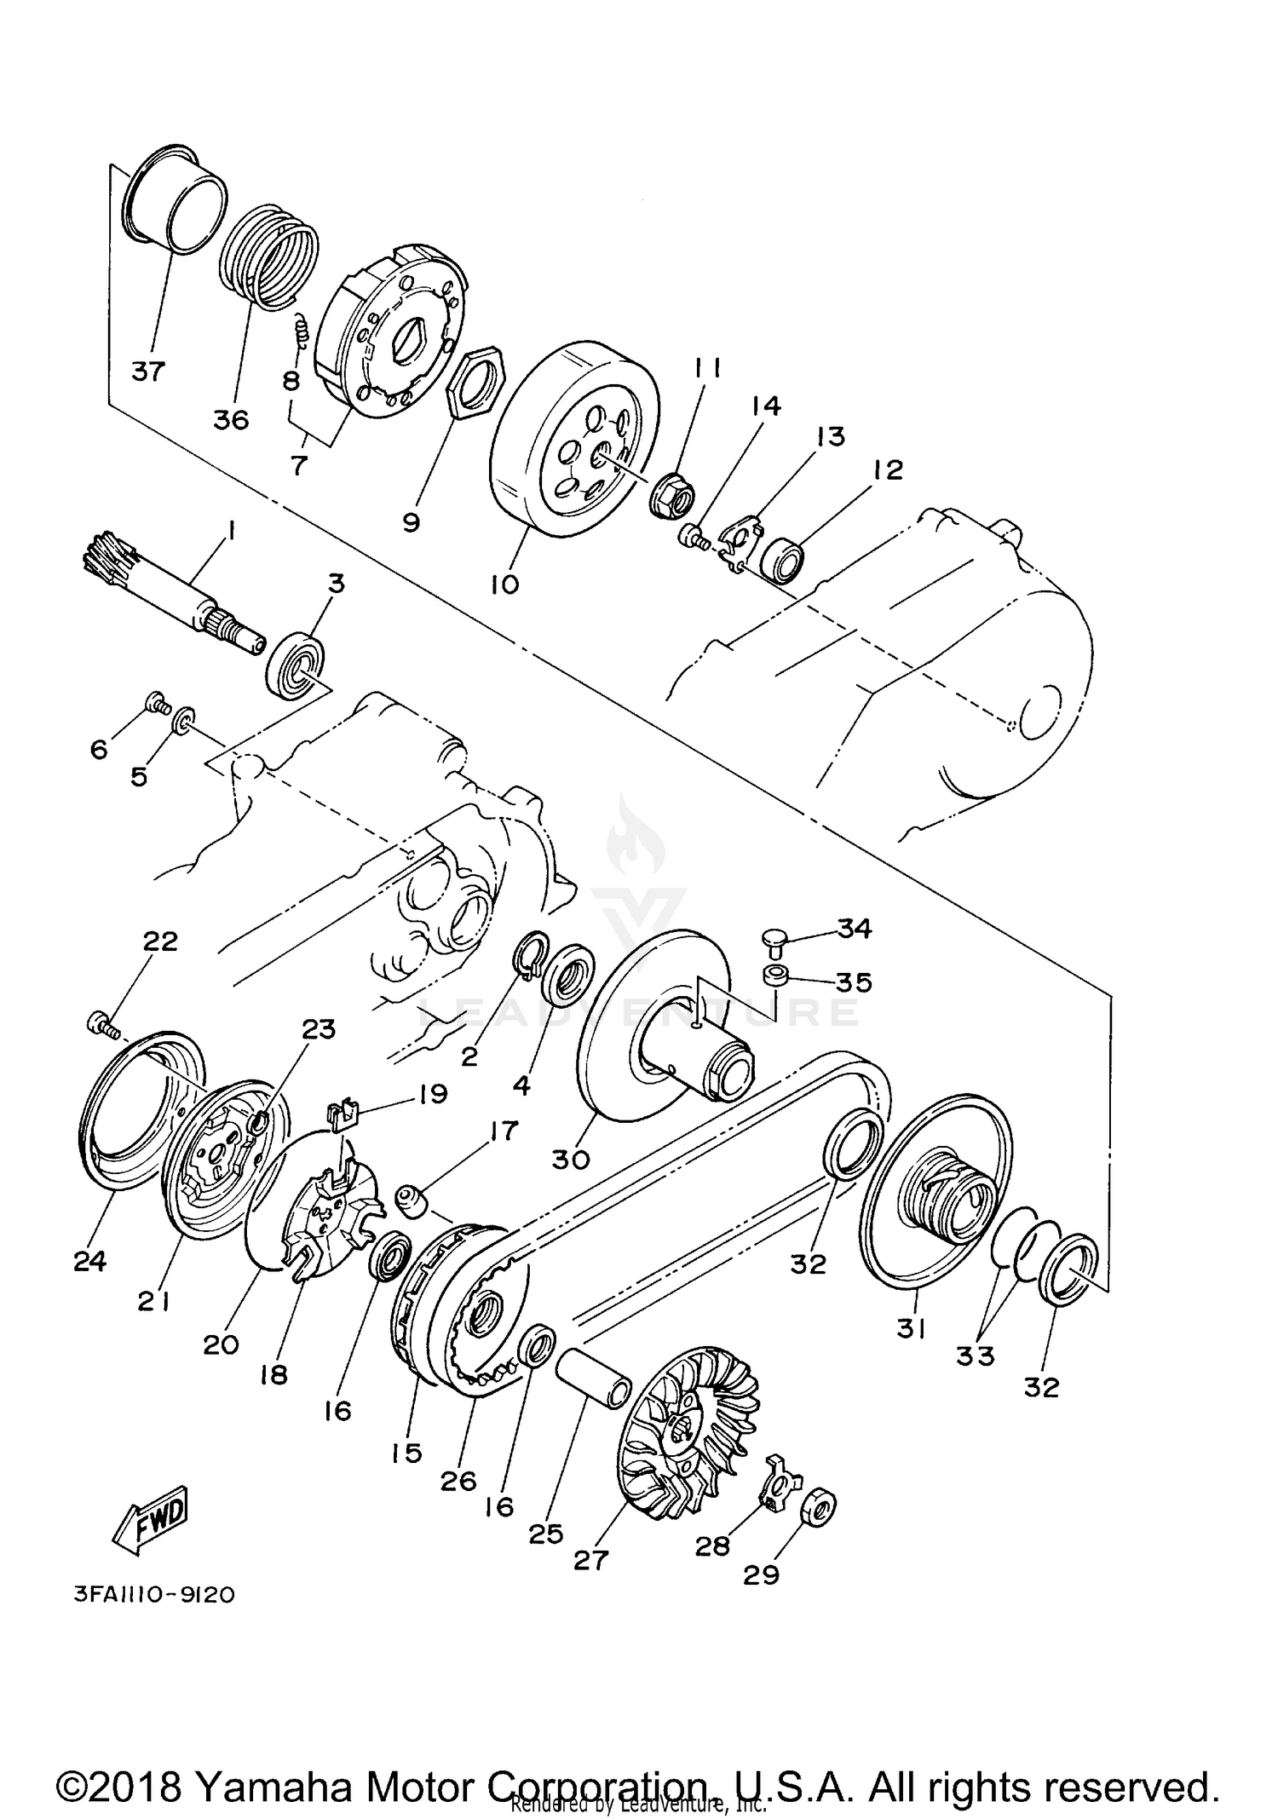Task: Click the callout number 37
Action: click(148, 371)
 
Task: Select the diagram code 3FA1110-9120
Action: click(154, 1595)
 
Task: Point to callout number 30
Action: click(570, 1160)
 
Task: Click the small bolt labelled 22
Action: click(101, 1023)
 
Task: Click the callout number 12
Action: click(886, 469)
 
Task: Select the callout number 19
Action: click(433, 1093)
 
